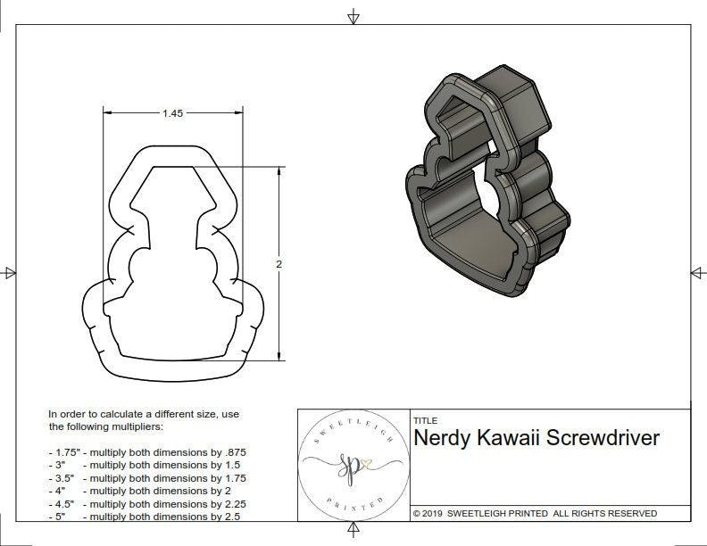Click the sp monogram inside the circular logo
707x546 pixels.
coord(346,464)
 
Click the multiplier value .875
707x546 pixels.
coord(233,452)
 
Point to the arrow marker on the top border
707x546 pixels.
coord(353,16)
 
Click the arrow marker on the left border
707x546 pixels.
coord(10,273)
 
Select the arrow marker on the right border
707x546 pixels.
coord(696,273)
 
